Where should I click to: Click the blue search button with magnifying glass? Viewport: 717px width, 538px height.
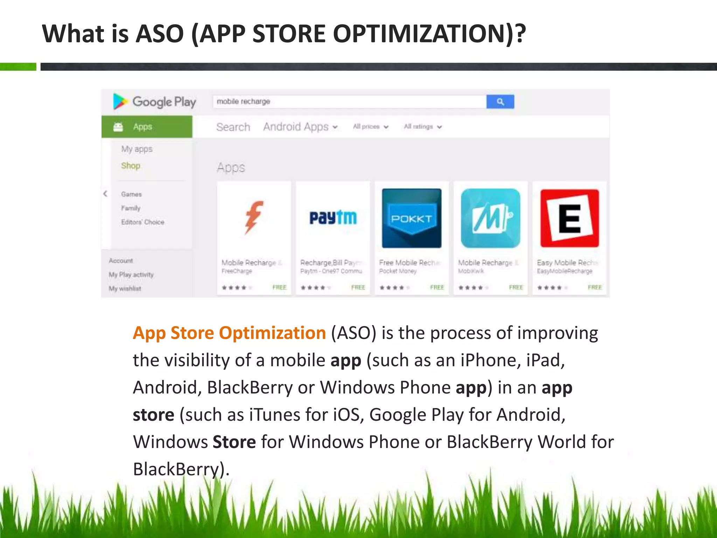click(x=500, y=102)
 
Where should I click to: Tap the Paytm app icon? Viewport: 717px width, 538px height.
click(x=333, y=218)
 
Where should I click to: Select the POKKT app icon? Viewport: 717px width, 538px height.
click(x=412, y=218)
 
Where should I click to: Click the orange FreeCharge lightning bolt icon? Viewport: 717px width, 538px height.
click(x=254, y=218)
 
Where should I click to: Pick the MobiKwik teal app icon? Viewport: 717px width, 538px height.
click(x=490, y=218)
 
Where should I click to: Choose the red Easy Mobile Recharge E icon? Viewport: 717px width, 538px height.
click(x=570, y=218)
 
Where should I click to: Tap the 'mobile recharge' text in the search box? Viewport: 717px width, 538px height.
click(x=243, y=102)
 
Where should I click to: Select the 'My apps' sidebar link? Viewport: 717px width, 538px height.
click(x=137, y=149)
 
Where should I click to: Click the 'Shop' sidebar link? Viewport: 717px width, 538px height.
click(x=131, y=166)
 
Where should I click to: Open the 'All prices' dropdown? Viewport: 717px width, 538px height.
click(x=370, y=127)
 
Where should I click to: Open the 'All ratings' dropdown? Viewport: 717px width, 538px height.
click(x=423, y=127)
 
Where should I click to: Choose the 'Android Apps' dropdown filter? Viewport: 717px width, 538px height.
click(x=300, y=127)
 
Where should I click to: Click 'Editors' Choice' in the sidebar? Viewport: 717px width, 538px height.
click(x=142, y=222)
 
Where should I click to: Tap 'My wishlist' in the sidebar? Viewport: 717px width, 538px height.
click(x=125, y=289)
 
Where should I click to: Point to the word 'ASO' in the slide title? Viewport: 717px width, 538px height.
click(x=160, y=34)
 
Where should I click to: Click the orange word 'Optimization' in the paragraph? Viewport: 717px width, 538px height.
click(x=272, y=333)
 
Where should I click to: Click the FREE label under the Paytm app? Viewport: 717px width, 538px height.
click(x=358, y=288)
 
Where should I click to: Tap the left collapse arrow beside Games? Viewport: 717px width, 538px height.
click(x=105, y=194)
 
